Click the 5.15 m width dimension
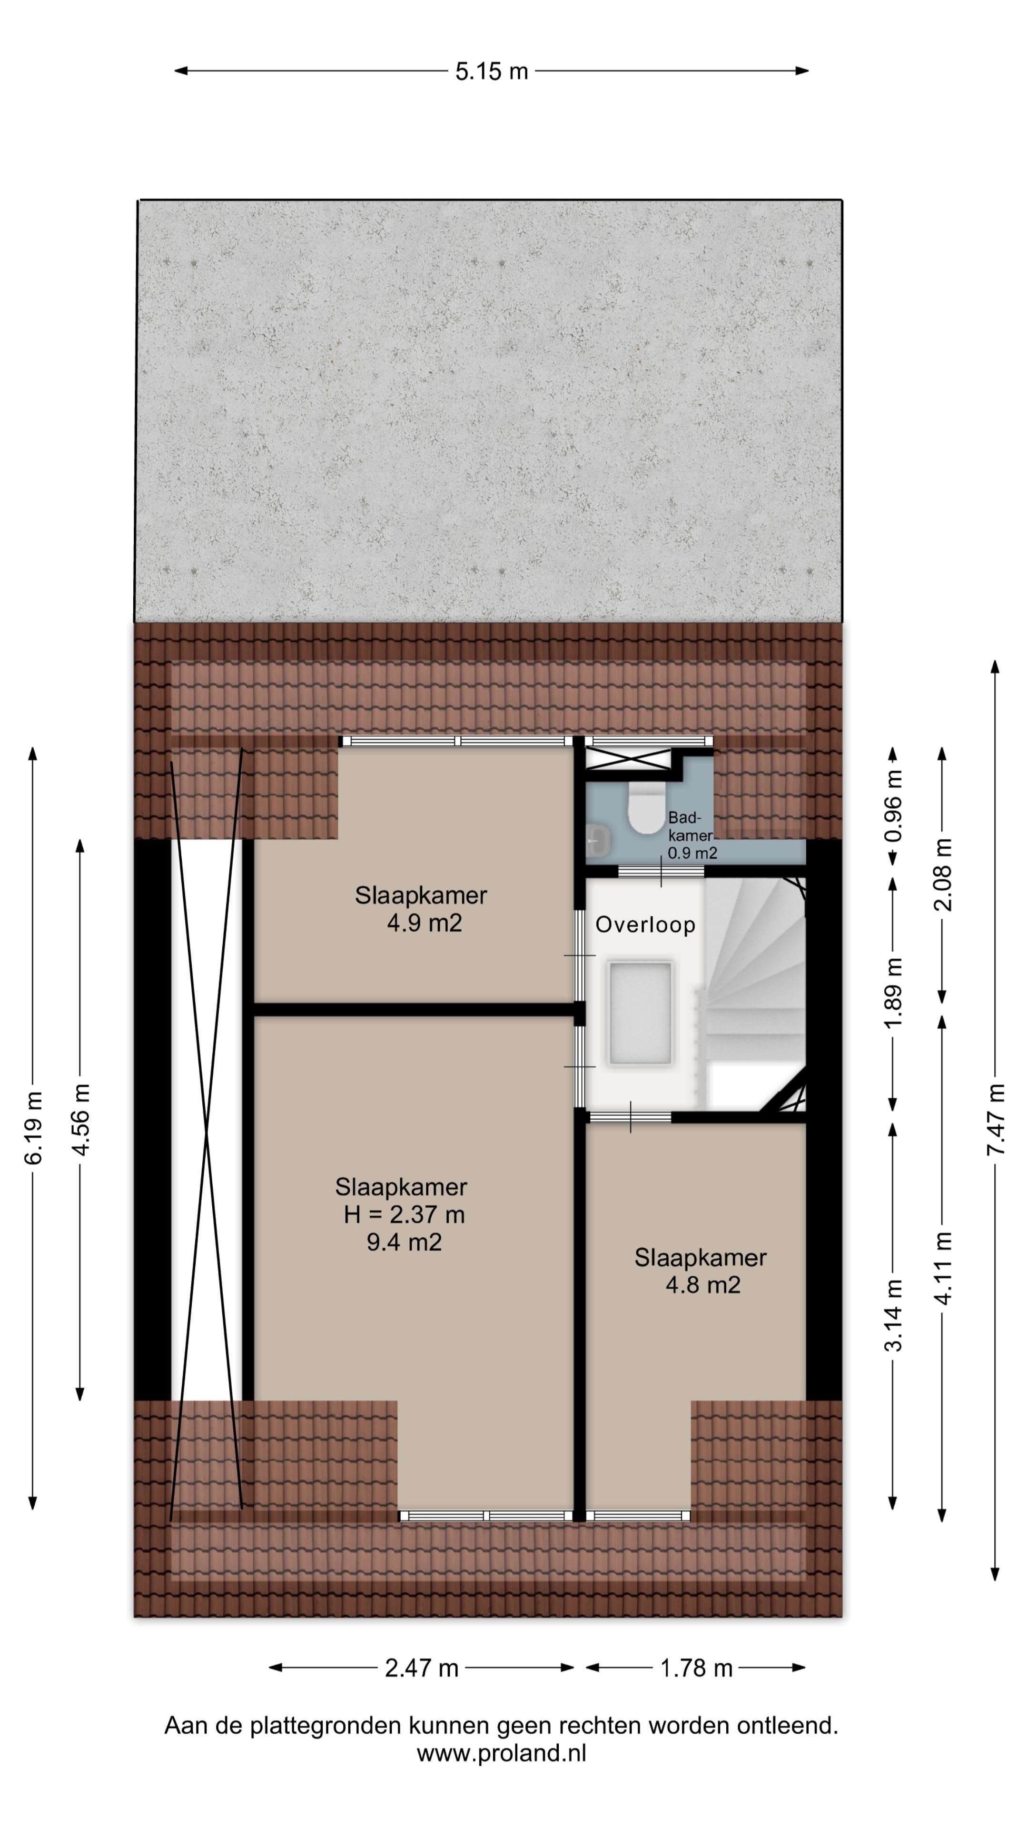click(492, 71)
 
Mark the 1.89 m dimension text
click(894, 992)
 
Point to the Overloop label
click(645, 924)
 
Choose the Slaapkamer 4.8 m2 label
click(701, 1271)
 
